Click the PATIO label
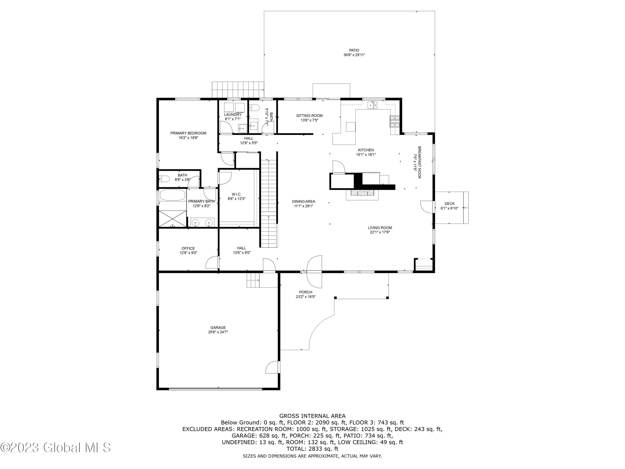[x=354, y=50]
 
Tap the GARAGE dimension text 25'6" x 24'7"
[x=218, y=332]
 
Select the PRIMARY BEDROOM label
[x=188, y=133]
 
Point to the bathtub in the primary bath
[x=172, y=195]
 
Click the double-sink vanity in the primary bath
[x=202, y=222]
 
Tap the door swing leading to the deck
[x=427, y=207]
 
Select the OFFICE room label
[x=188, y=248]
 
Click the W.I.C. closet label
[x=236, y=194]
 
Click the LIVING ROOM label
[x=380, y=228]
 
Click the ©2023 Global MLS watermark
[x=56, y=448]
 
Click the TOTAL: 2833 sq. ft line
[x=312, y=449]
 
